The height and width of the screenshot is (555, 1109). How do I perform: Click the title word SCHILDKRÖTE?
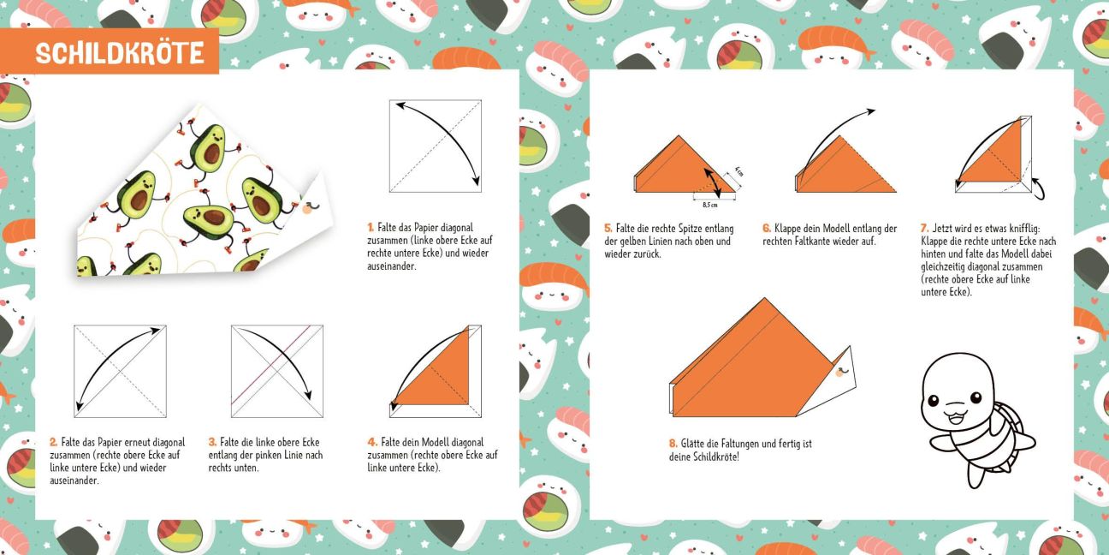(119, 52)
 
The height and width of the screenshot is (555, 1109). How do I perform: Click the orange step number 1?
(371, 228)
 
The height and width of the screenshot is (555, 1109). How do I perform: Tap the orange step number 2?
(53, 442)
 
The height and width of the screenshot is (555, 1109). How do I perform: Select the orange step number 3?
(212, 442)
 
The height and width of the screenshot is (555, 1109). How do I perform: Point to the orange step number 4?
(372, 442)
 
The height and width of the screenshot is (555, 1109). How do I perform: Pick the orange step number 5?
(608, 229)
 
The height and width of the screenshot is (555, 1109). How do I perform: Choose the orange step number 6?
(767, 229)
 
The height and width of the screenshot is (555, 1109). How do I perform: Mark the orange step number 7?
(924, 229)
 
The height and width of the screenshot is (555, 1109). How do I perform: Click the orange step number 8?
(673, 444)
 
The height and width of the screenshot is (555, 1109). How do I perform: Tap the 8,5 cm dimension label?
(709, 205)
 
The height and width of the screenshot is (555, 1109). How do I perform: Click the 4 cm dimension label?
(738, 171)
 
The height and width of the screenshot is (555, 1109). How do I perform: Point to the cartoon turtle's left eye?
(934, 400)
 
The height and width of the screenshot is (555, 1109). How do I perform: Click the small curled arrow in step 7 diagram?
(1038, 188)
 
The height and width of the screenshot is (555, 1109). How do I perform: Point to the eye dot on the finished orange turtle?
(840, 371)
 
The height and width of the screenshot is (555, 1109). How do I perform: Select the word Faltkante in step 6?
(811, 242)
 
